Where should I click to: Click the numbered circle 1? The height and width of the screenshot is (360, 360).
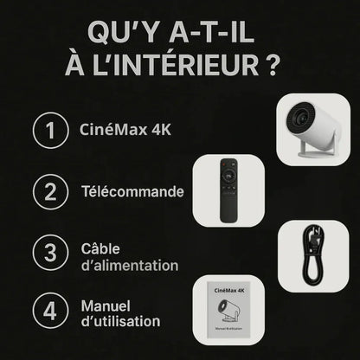click(50, 132)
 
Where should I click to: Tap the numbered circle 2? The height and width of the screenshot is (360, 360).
click(50, 192)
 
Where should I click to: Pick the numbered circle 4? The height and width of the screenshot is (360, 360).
click(50, 312)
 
